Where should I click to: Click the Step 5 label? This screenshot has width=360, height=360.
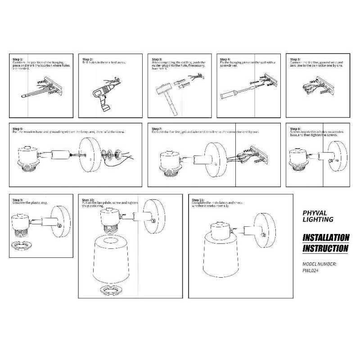point(295,59)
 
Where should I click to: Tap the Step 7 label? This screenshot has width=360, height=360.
point(157,129)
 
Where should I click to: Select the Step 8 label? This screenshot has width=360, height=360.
point(295,129)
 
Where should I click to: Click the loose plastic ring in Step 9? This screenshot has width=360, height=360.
point(21,245)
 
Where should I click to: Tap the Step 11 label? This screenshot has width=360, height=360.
point(198,199)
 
